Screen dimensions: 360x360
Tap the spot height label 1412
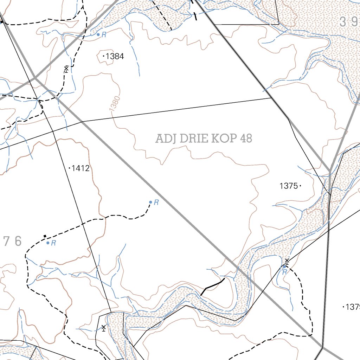[81, 169]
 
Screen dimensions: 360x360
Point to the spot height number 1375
[289, 186]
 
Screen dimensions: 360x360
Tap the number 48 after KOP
[246, 139]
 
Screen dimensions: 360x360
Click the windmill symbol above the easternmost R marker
[287, 261]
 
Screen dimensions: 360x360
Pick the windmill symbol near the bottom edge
[103, 328]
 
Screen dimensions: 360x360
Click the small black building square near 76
[45, 236]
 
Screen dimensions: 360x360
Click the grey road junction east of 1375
[330, 172]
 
